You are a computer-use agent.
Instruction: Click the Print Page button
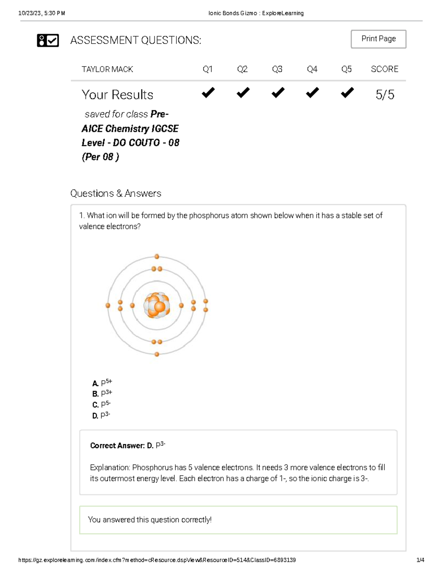point(378,39)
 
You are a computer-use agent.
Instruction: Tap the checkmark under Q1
point(208,92)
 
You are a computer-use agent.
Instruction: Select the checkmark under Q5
point(347,92)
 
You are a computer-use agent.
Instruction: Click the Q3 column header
point(277,69)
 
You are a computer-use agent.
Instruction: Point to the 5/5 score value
point(385,95)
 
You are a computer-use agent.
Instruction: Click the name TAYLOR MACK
point(107,69)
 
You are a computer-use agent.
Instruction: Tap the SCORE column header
point(384,69)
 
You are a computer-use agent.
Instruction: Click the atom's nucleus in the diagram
point(157,305)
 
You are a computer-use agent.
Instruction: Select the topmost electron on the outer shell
point(157,257)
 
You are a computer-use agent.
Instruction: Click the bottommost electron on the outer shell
point(157,354)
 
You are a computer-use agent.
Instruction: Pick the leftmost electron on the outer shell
point(108,305)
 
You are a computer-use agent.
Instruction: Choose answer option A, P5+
point(102,383)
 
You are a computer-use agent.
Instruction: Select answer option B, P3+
point(102,394)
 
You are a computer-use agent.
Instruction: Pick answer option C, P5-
point(102,404)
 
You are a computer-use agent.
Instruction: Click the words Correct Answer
point(117,446)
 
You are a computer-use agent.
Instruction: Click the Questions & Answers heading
point(116,193)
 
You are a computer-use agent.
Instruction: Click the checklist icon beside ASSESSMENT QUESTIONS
point(48,40)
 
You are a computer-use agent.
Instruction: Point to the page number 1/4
point(420,560)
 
